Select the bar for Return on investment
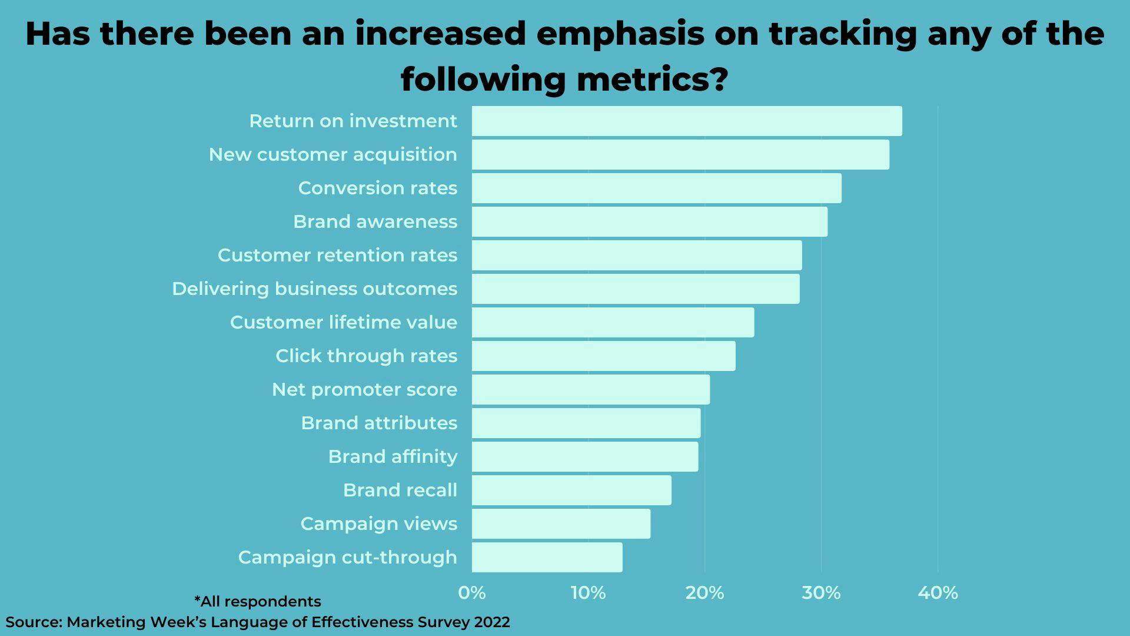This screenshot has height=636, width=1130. coord(686,121)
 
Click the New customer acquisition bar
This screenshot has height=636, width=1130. coord(680,155)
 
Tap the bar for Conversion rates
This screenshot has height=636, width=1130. coord(656,188)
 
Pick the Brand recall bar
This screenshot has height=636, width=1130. coord(571,491)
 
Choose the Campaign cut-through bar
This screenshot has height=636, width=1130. coord(547,558)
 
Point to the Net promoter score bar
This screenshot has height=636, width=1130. coord(590,390)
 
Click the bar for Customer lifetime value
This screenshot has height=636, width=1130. coord(613,323)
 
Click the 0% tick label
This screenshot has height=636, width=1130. coord(472,593)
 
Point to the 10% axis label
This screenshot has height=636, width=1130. coord(588,593)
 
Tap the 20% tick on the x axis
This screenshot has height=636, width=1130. coord(704,593)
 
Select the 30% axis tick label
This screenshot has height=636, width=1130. coord(821,593)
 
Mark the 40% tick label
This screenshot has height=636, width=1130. coord(938,593)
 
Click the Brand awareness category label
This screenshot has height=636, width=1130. coord(375,222)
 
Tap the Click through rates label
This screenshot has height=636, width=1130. coord(366,356)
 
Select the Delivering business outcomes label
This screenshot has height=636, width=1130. coord(314,289)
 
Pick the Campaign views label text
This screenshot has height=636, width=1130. coord(378,524)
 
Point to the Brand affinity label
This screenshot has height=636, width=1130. coord(393,457)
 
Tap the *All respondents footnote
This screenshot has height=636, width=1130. coord(258,602)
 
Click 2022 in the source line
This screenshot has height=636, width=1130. coord(492,622)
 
